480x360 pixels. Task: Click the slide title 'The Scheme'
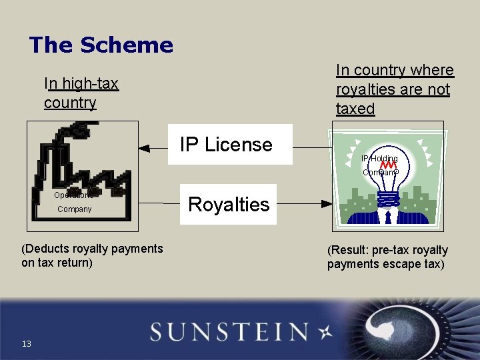[x=101, y=45]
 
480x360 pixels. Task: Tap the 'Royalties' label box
[x=229, y=204]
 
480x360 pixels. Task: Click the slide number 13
[x=26, y=343]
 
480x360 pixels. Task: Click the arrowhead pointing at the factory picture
[x=143, y=149]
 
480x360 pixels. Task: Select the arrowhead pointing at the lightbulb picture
[x=327, y=203]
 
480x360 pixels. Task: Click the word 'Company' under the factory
[x=75, y=209]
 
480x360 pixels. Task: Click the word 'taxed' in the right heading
[x=355, y=109]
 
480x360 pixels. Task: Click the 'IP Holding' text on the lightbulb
[x=379, y=159]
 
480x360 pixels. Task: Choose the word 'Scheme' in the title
[x=127, y=45]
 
